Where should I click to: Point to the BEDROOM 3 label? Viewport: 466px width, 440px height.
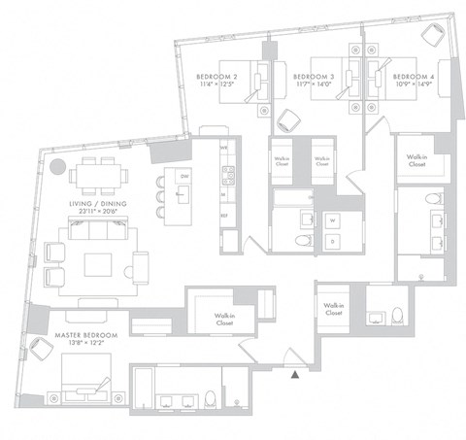coord(314,76)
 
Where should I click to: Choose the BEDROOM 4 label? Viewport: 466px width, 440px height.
coord(412,76)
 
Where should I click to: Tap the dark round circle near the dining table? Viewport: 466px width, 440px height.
coord(58,164)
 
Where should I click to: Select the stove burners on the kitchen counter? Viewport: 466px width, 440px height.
coord(228,176)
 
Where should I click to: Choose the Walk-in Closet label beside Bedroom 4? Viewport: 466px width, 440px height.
coord(416,159)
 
